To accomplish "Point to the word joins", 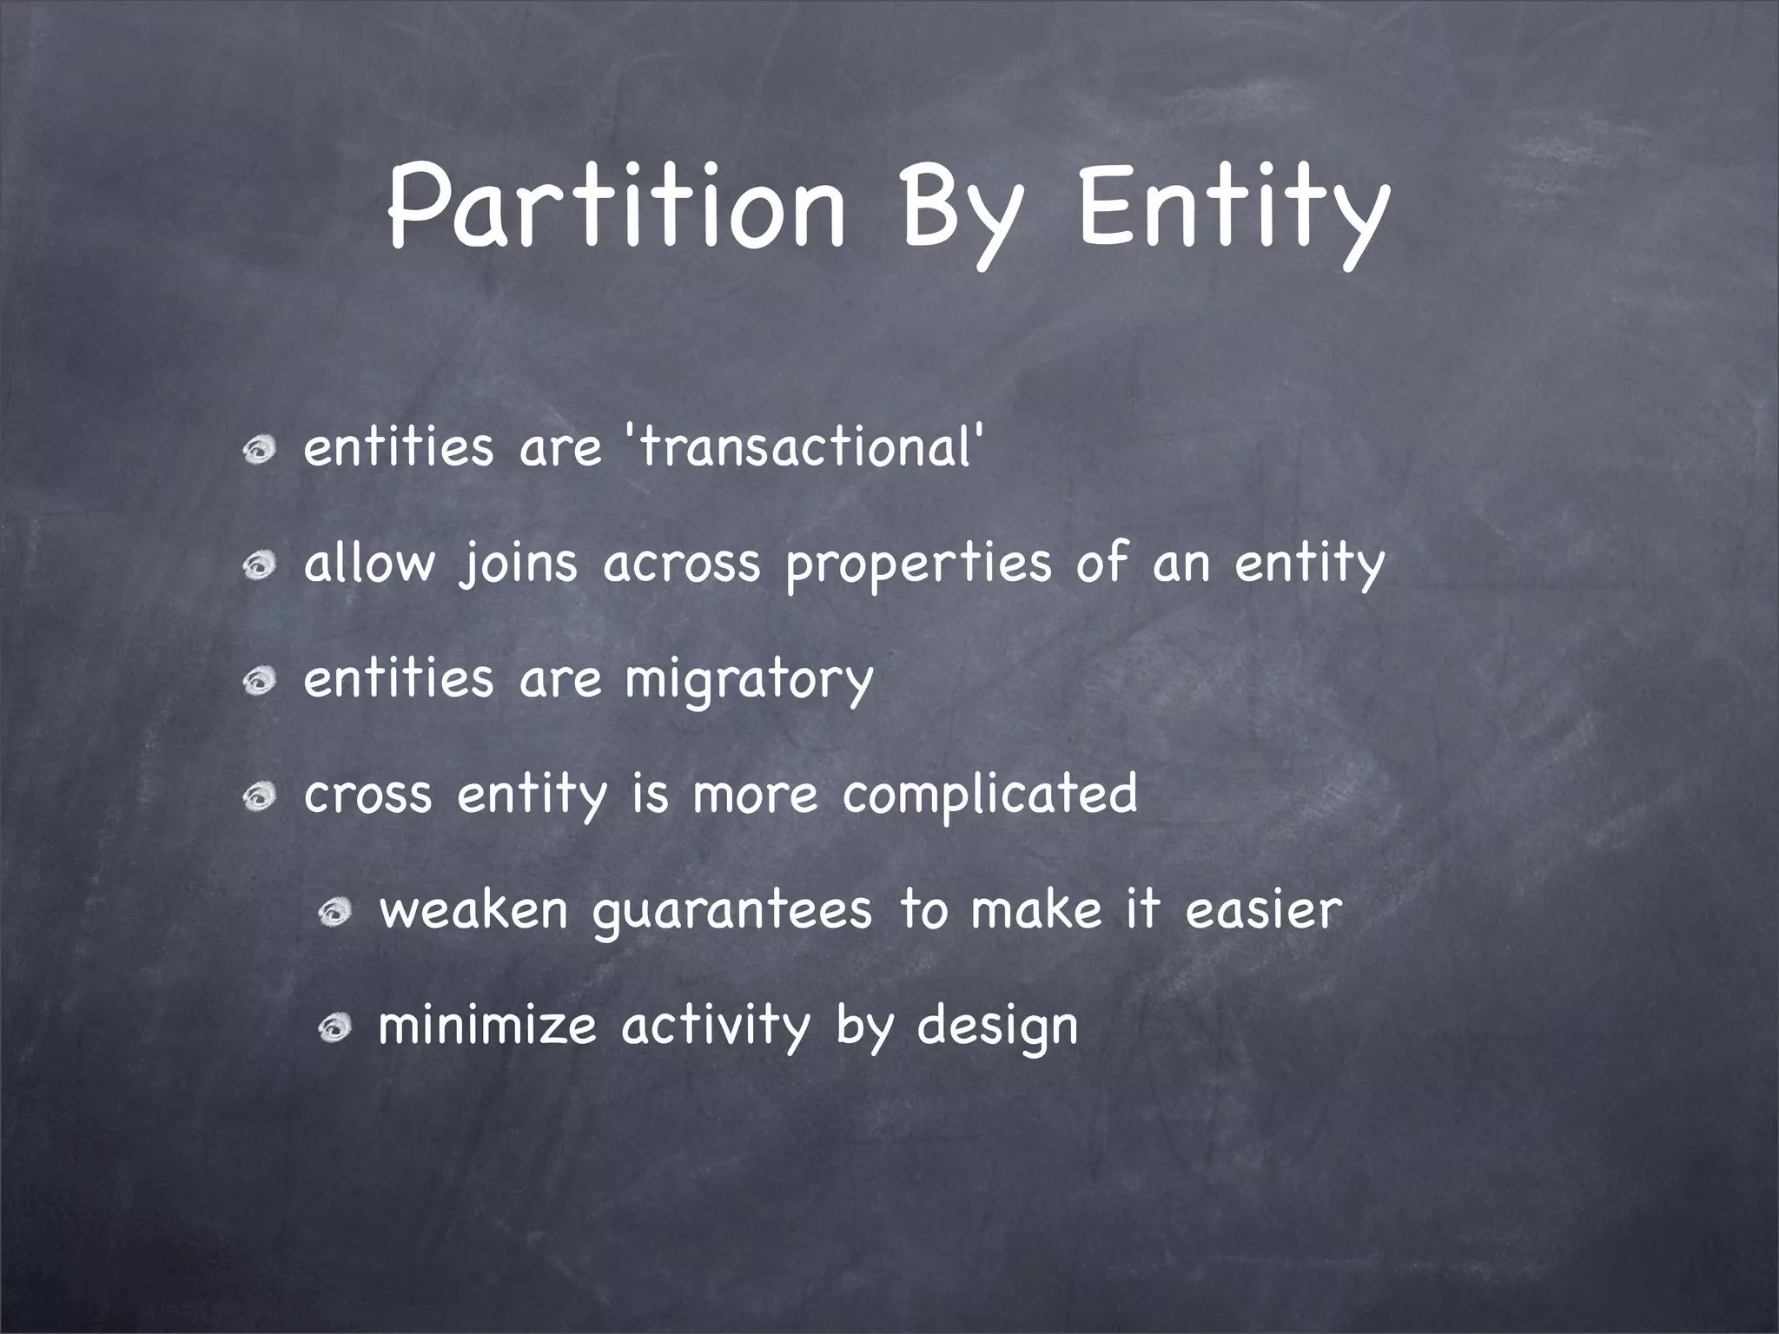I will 518,565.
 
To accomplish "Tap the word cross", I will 367,796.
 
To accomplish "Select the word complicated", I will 989,796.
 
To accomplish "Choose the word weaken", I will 474,910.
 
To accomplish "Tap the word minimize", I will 487,1027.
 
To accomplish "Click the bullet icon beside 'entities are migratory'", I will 260,683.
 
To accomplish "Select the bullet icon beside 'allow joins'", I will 260,567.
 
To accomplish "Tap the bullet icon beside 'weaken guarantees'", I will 334,913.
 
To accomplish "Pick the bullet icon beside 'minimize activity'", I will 334,1029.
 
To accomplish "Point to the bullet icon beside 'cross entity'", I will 260,798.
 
